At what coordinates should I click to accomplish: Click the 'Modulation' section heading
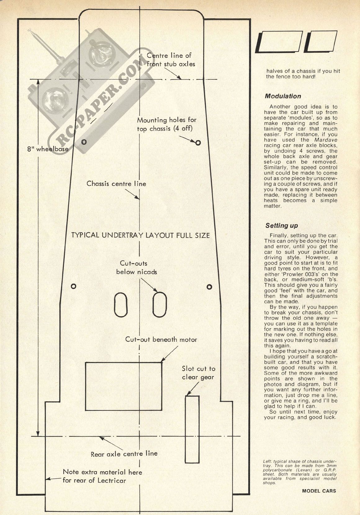[x=283, y=96]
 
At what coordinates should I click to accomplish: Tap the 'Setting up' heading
[x=281, y=225]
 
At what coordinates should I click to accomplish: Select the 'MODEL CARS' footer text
[x=319, y=491]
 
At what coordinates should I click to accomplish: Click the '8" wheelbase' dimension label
[x=48, y=149]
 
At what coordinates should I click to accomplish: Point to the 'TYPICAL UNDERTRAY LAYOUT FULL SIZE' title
[x=140, y=235]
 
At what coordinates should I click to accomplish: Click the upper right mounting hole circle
[x=198, y=143]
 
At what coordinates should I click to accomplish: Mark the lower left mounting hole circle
[x=74, y=286]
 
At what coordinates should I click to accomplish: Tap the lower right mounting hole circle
[x=209, y=287]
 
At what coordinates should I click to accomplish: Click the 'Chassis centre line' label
[x=116, y=184]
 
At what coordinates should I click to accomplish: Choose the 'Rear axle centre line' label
[x=124, y=454]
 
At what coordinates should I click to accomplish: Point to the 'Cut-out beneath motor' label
[x=161, y=340]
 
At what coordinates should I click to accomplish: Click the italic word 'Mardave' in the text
[x=326, y=140]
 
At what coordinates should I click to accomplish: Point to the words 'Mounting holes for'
[x=167, y=120]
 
